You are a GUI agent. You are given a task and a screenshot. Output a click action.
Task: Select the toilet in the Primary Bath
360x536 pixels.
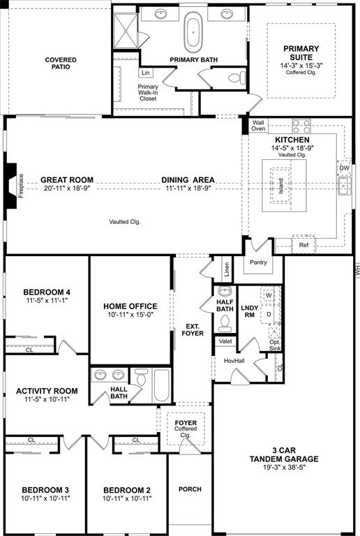pos(239,76)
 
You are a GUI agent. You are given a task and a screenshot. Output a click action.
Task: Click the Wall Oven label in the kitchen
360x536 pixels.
pos(258,126)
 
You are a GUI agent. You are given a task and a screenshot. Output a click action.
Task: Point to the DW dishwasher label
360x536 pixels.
pos(344,168)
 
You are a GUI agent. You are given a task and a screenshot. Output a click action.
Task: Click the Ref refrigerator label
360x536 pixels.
pos(303,245)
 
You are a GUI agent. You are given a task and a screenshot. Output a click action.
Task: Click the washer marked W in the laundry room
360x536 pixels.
pos(268,296)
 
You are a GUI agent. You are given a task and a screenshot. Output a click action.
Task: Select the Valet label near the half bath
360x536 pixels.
pos(225,341)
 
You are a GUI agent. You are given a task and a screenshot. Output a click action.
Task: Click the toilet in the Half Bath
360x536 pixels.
pos(225,321)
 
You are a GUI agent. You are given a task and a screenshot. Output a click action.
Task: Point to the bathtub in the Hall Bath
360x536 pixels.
pos(161,385)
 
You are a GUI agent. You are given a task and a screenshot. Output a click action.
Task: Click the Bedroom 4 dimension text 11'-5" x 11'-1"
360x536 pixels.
pos(46,301)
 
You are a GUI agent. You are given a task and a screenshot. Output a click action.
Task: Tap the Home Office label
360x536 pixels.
pos(130,306)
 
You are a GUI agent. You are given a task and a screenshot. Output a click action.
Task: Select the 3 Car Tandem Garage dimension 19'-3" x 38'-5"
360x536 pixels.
pos(285,469)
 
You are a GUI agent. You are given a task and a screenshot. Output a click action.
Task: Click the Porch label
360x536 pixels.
pos(190,489)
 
